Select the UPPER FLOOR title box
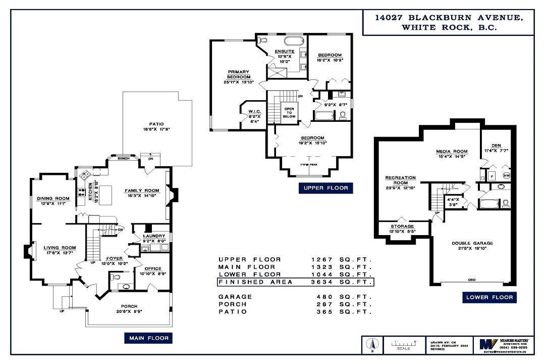point(325,188)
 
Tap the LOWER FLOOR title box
point(489,297)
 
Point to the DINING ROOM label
point(53,199)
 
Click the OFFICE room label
point(153,268)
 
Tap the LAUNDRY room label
point(154,236)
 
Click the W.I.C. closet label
point(254,112)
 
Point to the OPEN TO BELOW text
point(289,112)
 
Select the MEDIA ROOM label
point(452,151)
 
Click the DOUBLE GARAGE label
point(472,243)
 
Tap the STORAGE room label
point(402,226)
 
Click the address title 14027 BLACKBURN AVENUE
point(448,17)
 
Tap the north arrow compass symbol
point(371,345)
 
